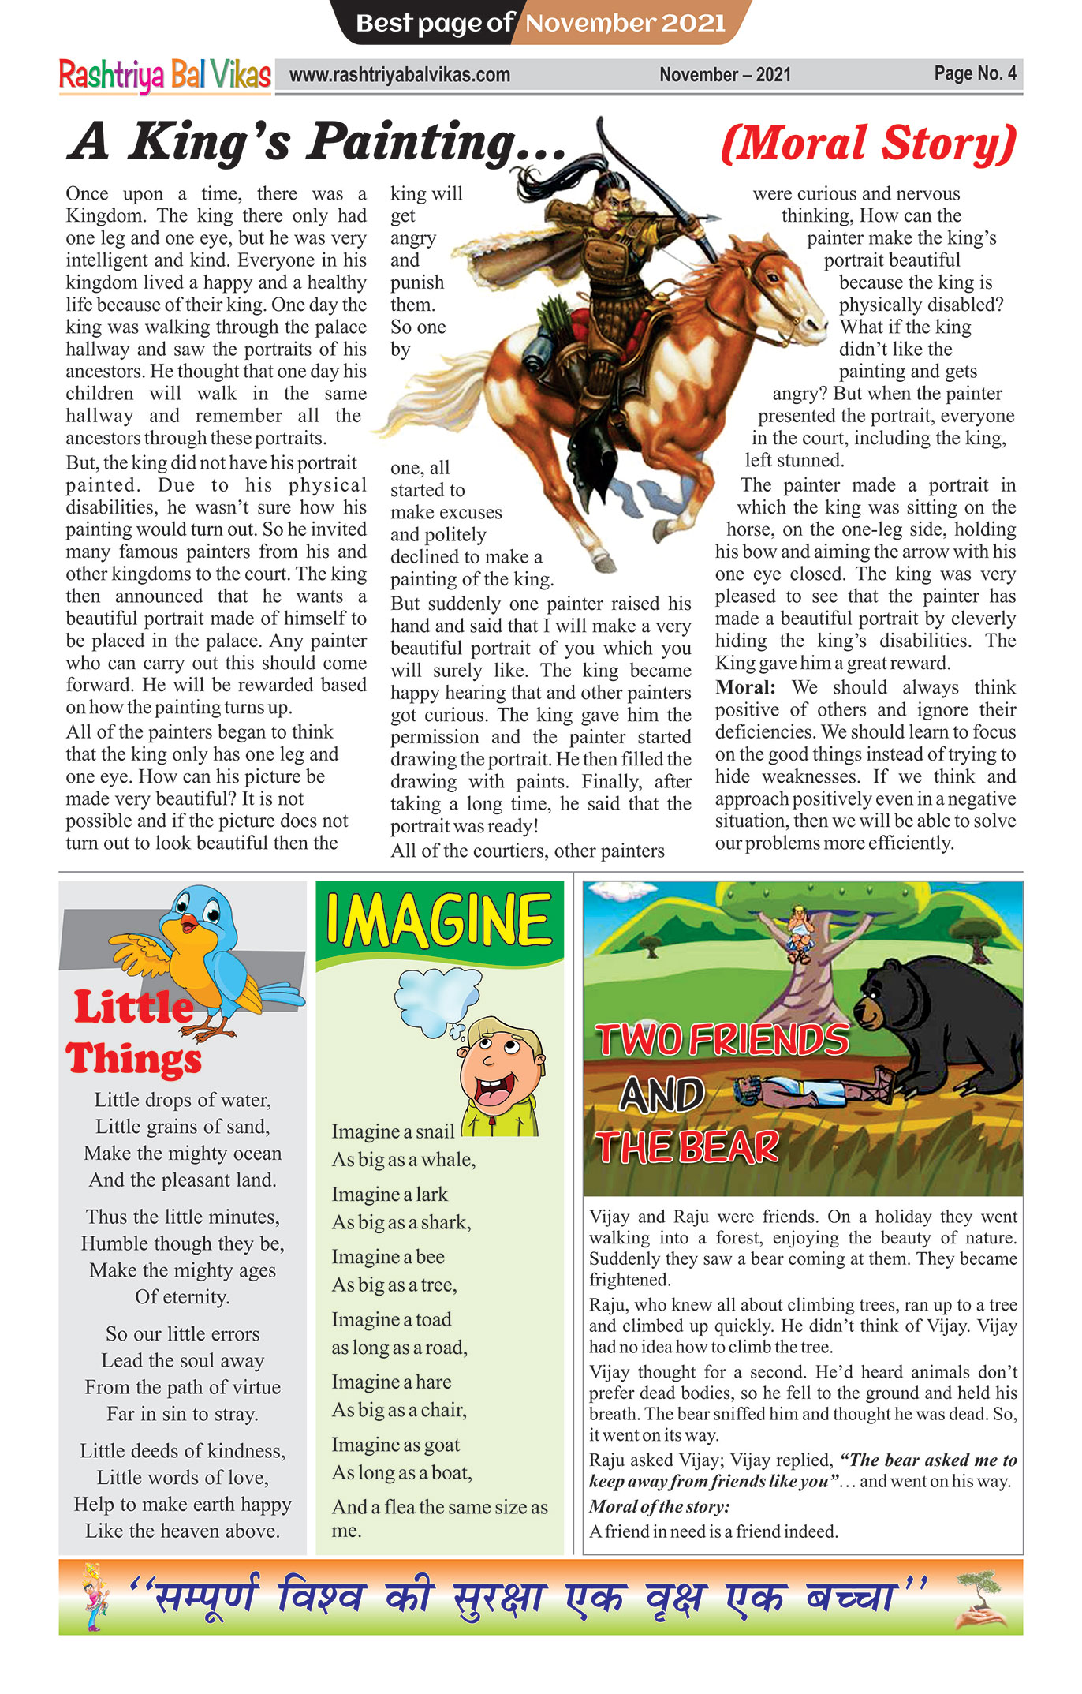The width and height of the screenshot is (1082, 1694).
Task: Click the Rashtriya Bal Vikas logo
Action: click(165, 76)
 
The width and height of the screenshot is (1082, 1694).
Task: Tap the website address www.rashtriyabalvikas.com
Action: click(400, 76)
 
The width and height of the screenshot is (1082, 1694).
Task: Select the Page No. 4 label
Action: click(975, 73)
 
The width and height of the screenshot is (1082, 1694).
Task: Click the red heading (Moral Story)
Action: click(868, 144)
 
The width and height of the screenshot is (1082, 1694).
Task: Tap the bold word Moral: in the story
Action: click(745, 687)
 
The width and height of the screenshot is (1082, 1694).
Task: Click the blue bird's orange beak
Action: click(190, 922)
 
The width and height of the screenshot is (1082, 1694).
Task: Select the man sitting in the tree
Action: click(800, 930)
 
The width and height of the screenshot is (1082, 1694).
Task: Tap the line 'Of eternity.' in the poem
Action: click(182, 1297)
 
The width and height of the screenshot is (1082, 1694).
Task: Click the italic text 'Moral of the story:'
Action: click(659, 1506)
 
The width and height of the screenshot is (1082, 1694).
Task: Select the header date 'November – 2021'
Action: click(725, 75)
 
